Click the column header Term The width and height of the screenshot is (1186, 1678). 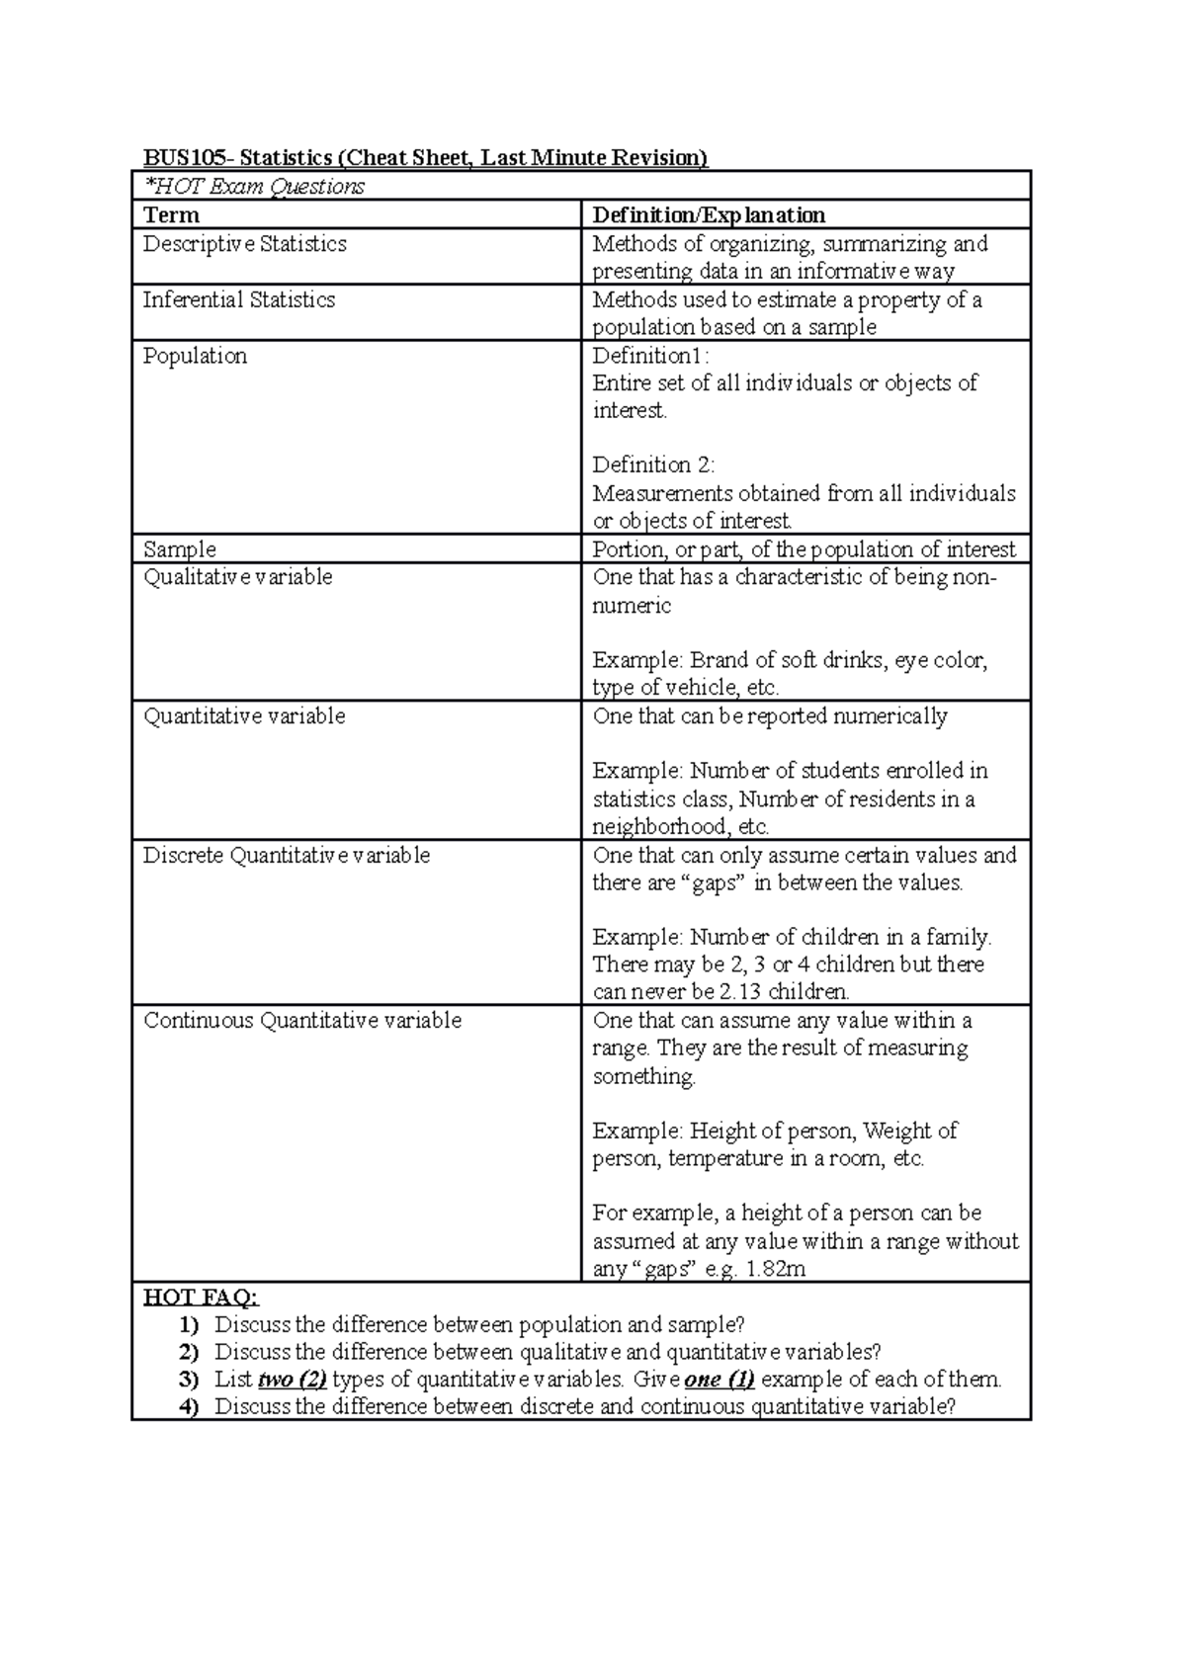click(171, 215)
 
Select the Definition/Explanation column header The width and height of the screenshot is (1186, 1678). click(708, 215)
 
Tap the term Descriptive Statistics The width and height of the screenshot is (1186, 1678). click(244, 244)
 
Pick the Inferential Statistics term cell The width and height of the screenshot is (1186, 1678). click(238, 300)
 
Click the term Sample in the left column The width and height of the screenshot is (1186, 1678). click(179, 549)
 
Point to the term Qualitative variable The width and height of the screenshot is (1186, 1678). click(237, 577)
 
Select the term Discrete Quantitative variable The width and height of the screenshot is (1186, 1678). click(286, 856)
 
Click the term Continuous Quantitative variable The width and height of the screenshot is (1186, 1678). click(301, 1021)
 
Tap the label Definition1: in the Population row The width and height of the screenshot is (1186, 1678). click(650, 356)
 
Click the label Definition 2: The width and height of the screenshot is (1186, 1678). click(653, 465)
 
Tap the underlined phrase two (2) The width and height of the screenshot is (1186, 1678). click(292, 1380)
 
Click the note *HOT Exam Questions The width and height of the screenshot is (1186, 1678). click(254, 187)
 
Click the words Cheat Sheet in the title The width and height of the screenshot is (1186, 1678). click(399, 158)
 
